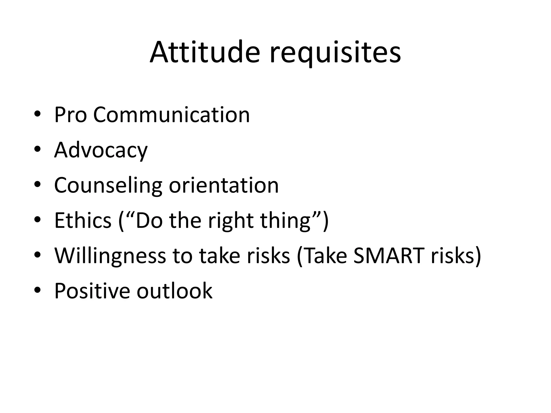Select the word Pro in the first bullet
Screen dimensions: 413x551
70,115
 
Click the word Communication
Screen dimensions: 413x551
171,115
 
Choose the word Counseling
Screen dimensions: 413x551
108,186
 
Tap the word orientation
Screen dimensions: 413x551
224,185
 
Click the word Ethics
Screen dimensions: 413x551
83,220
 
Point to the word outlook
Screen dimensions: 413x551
174,291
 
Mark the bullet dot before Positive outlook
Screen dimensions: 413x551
37,290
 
